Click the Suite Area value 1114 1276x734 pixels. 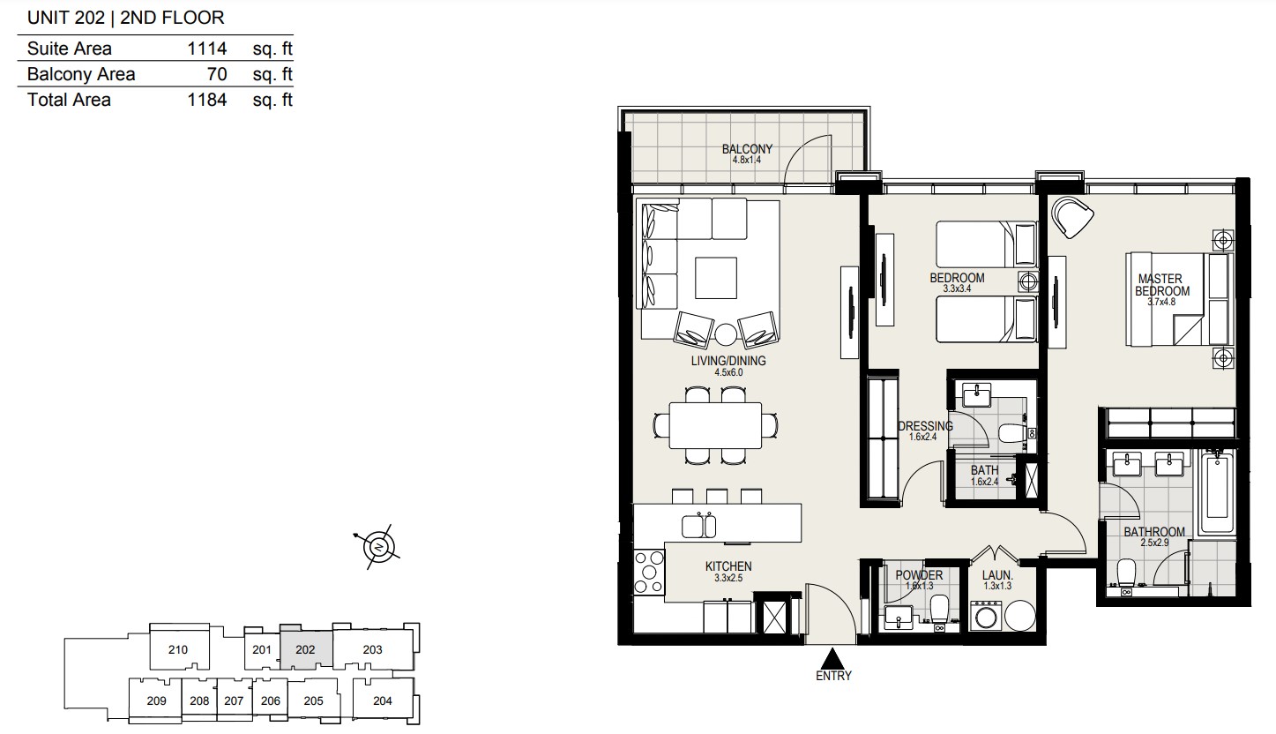click(206, 49)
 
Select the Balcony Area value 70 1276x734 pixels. click(217, 75)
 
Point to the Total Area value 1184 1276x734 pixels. click(206, 101)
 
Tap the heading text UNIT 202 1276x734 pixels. click(66, 18)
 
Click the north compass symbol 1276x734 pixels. click(379, 547)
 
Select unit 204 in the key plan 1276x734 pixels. click(382, 701)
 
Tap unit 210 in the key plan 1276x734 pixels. click(178, 649)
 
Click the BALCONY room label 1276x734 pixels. click(747, 149)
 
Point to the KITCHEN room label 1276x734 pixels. click(728, 566)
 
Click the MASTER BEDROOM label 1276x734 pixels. click(1161, 285)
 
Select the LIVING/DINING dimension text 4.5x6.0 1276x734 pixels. click(728, 372)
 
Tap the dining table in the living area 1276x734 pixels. click(715, 426)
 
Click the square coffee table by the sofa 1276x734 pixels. click(715, 278)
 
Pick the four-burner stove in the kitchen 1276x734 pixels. click(649, 572)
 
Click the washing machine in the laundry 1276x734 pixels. click(987, 616)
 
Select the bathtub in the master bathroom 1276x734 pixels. click(1216, 492)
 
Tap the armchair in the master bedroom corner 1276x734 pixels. click(1071, 217)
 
